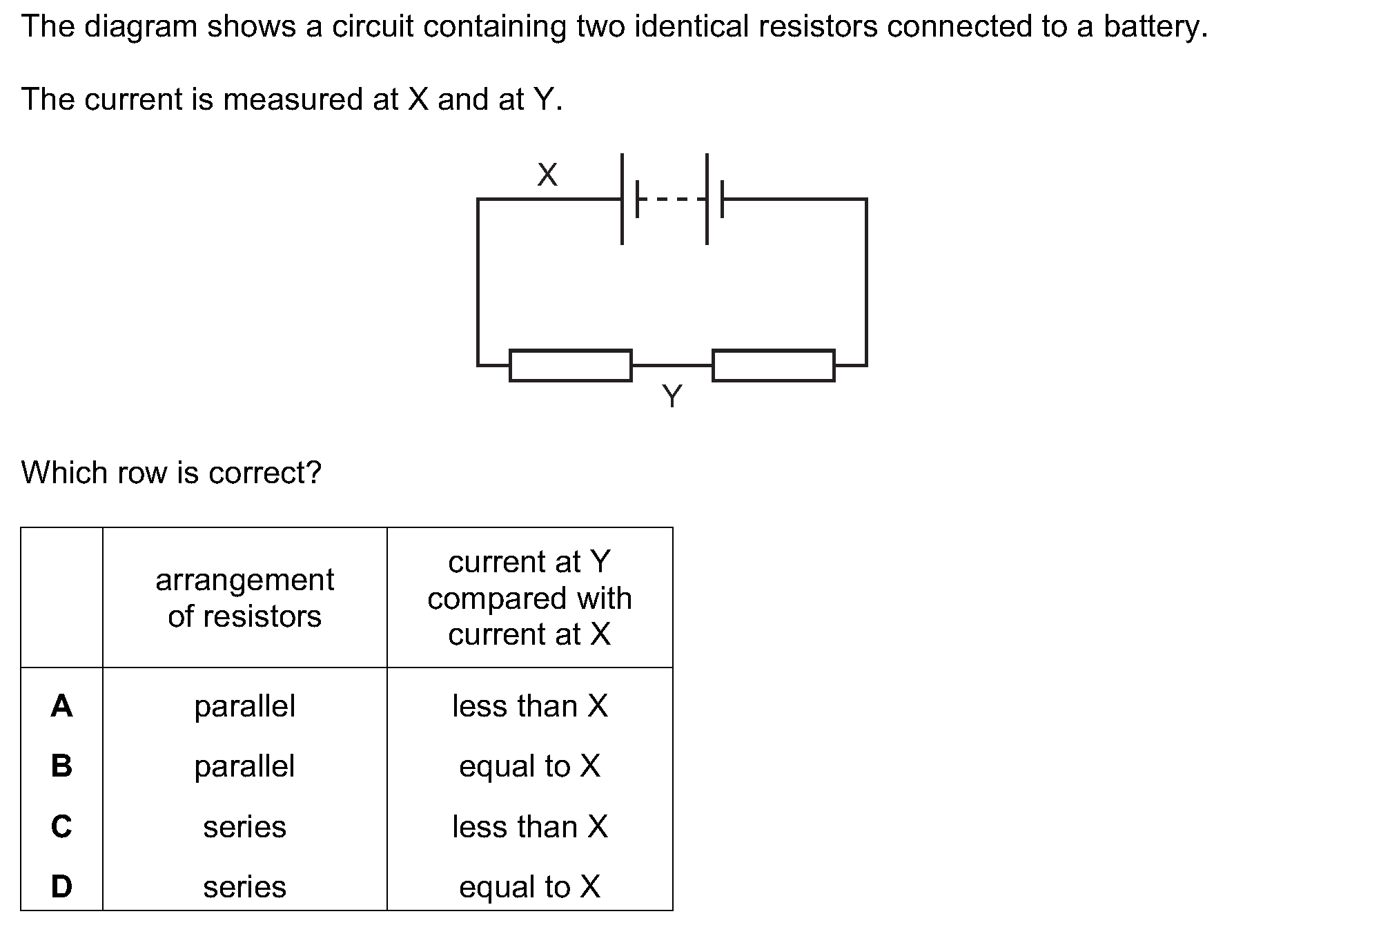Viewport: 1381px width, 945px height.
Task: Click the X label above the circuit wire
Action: click(547, 175)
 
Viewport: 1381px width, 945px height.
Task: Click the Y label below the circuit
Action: click(672, 396)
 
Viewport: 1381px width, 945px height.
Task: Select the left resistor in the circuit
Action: click(570, 365)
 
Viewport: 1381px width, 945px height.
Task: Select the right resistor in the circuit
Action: click(773, 365)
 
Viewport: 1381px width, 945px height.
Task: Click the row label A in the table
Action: click(61, 706)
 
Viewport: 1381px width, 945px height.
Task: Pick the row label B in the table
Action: click(61, 766)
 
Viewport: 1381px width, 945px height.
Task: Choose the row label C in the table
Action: click(61, 826)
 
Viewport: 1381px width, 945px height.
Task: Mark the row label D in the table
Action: click(61, 886)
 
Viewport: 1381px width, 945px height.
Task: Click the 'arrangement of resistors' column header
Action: click(245, 598)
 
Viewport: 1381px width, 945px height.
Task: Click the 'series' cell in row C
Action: click(245, 827)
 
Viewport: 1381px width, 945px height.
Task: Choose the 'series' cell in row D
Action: click(245, 887)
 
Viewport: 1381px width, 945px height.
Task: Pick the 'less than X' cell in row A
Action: click(530, 706)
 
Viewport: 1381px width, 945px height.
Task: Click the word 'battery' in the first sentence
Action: click(1155, 28)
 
